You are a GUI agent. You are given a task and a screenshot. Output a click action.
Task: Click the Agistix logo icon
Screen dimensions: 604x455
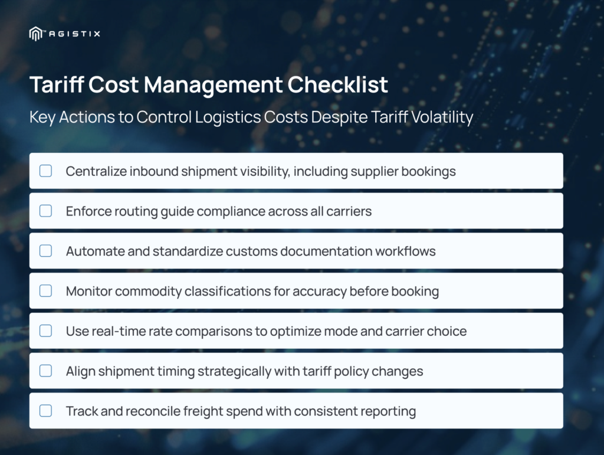pos(35,34)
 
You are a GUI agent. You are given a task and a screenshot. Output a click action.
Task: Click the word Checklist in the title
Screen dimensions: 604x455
pos(337,84)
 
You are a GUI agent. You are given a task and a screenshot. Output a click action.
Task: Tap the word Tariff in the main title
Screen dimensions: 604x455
pos(57,84)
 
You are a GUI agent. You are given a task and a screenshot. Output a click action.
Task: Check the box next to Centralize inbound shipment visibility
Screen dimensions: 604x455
pos(45,171)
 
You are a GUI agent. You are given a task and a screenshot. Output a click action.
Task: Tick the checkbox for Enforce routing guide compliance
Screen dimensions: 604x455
pos(45,211)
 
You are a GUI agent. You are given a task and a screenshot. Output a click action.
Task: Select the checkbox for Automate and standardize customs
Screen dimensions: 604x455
pos(45,251)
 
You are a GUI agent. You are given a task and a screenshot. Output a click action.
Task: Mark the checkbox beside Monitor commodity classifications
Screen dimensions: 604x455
pos(45,291)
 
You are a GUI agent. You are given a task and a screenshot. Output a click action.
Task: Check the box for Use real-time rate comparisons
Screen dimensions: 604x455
pos(45,330)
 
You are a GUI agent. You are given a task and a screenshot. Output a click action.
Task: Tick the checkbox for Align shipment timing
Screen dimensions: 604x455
pos(45,371)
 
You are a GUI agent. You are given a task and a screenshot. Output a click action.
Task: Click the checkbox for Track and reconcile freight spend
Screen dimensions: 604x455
pos(45,411)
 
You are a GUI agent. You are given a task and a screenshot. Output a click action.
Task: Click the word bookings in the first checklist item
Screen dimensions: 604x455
pos(428,172)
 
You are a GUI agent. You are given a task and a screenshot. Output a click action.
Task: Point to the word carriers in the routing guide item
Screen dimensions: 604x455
pos(349,211)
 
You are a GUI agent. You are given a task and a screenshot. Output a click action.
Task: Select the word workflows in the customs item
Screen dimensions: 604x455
pos(405,251)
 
